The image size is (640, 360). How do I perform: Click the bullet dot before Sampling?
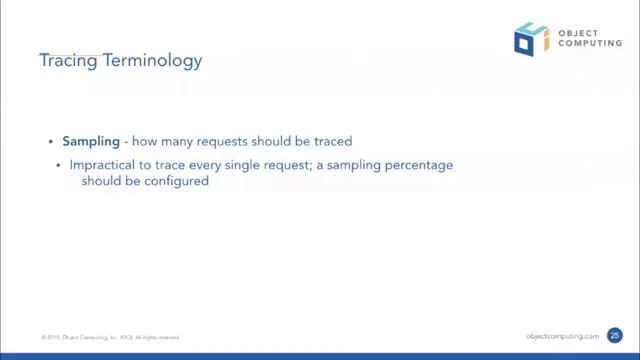[53, 142]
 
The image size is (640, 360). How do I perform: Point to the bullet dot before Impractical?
[61, 163]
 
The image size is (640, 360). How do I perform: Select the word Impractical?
[104, 163]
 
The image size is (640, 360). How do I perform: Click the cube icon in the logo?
[530, 37]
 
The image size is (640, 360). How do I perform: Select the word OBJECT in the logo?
[575, 31]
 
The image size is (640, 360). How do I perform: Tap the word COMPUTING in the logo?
[584, 44]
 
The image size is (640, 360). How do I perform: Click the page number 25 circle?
[615, 336]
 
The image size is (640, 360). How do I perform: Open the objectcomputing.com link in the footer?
[562, 336]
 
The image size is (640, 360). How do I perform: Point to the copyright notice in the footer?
[110, 337]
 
